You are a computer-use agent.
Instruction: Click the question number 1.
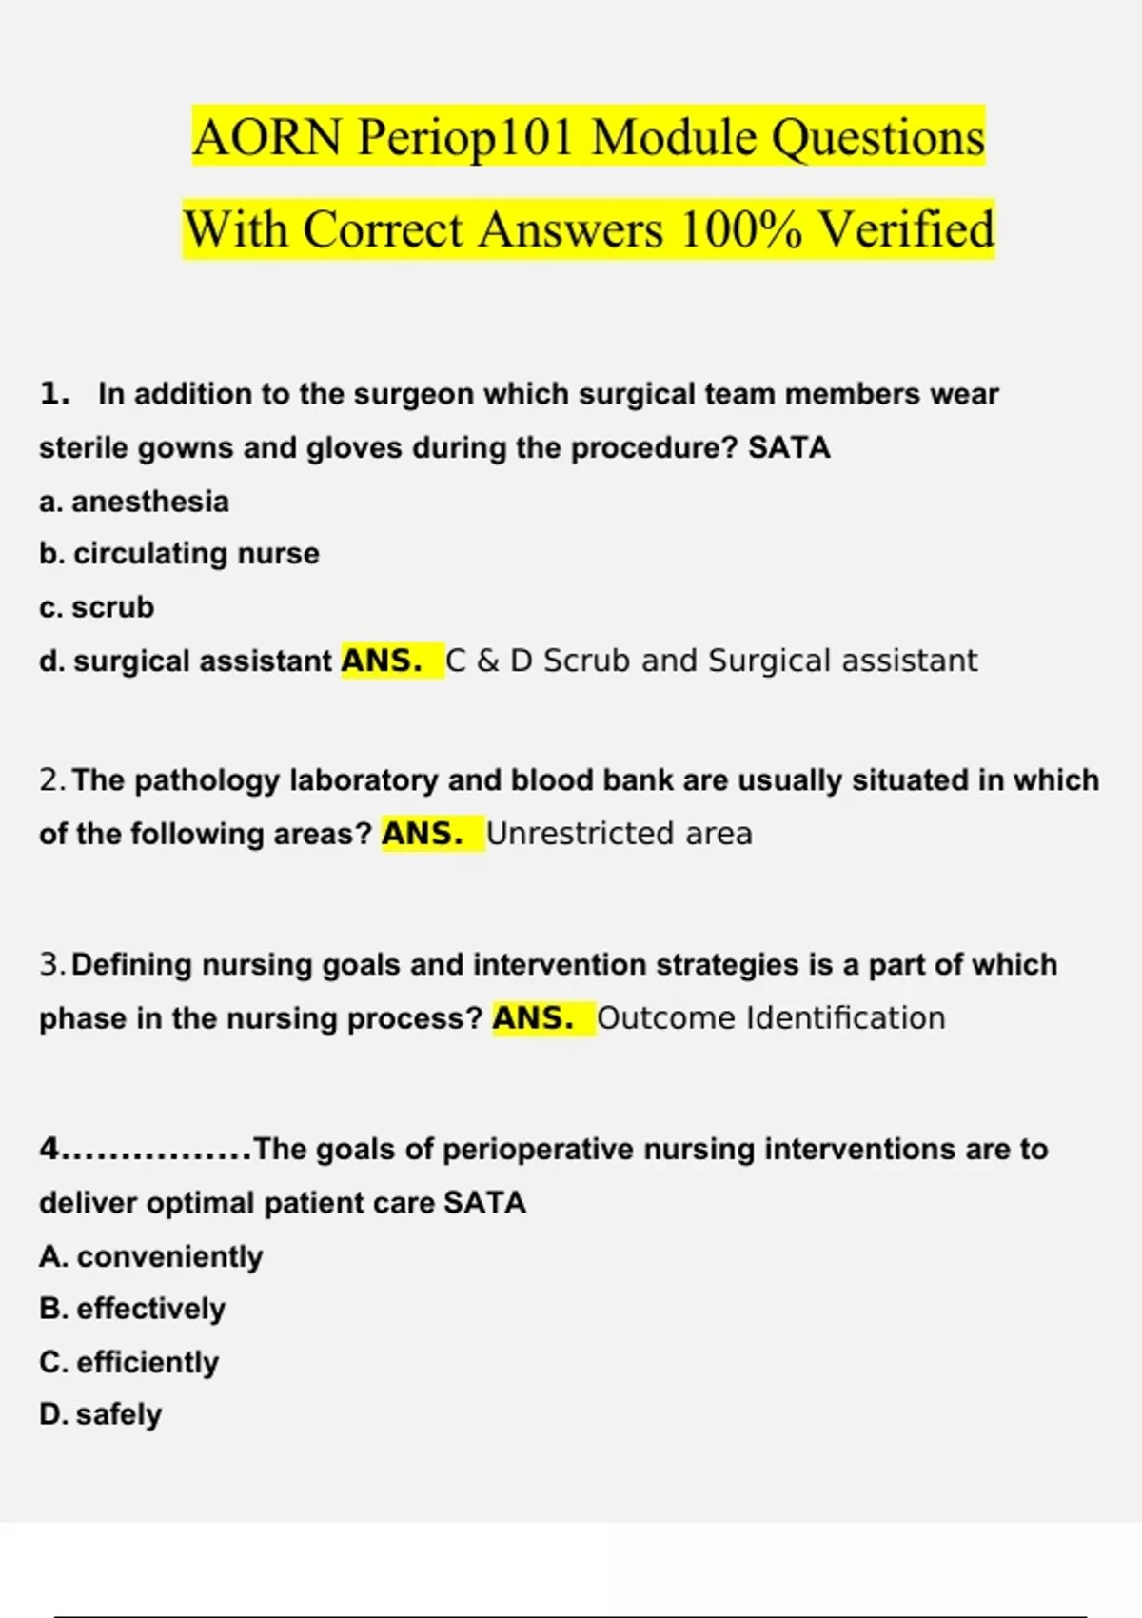point(54,394)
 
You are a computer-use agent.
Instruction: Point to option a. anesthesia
point(134,502)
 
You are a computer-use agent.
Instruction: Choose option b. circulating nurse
point(179,553)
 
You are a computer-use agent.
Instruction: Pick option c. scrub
point(96,607)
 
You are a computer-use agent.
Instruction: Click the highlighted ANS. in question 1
point(382,661)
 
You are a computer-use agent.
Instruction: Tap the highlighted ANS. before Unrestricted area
point(422,834)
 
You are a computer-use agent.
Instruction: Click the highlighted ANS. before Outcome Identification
point(533,1018)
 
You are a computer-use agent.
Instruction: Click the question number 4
point(49,1150)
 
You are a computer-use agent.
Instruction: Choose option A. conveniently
point(151,1256)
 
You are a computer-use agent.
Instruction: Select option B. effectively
point(132,1309)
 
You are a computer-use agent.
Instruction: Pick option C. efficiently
point(129,1362)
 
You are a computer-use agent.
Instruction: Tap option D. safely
point(100,1414)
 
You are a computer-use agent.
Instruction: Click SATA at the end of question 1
point(789,447)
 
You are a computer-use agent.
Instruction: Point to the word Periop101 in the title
point(465,137)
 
